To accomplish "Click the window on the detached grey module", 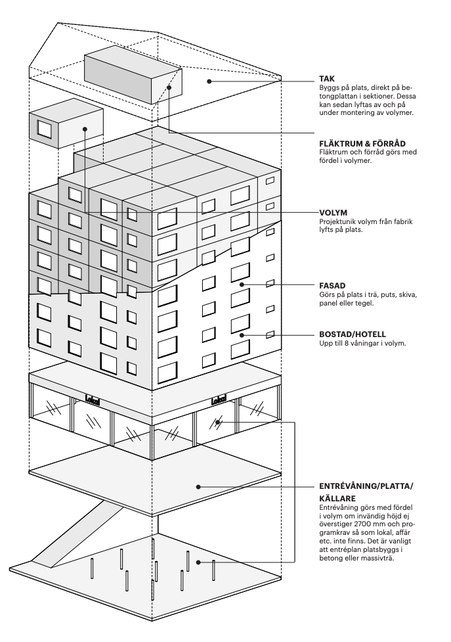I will pos(45,128).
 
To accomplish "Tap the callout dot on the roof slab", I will pos(209,81).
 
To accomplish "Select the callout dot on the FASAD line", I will pos(242,285).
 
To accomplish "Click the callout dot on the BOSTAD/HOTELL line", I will pos(242,335).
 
